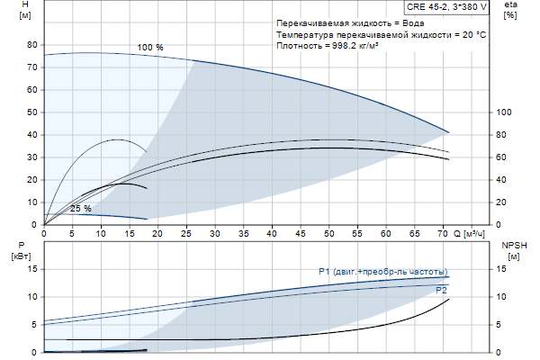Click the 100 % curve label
150,47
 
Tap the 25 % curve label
81,209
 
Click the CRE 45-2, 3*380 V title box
447,6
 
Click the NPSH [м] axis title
511,250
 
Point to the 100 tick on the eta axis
505,112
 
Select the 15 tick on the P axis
32,269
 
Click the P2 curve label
441,291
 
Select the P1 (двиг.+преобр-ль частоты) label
382,271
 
